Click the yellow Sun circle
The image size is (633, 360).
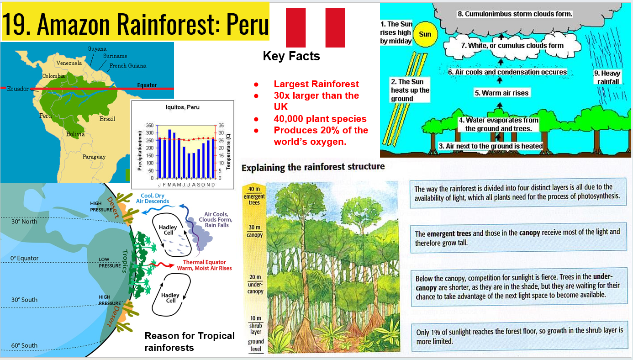pos(425,34)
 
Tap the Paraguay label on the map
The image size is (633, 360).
pos(94,157)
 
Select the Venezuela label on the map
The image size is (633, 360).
pos(69,63)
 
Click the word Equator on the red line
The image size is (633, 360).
pos(147,85)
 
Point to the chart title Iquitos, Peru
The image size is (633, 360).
pos(183,107)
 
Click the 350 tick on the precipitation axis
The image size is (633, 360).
pos(150,125)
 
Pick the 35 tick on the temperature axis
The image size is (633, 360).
pos(221,125)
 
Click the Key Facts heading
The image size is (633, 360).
pos(291,56)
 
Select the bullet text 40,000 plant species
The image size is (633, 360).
pos(320,119)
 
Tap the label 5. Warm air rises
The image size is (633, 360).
pos(501,93)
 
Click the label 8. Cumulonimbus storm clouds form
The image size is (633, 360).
pos(515,14)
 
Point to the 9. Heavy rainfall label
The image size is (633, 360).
pos(607,77)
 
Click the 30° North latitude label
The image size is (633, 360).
pos(24,222)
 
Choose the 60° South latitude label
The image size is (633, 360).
pos(24,345)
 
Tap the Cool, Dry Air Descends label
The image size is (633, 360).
pos(153,198)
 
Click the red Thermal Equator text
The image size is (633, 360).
pos(204,262)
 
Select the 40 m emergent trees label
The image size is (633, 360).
pos(254,196)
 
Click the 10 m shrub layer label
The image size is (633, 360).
pos(256,325)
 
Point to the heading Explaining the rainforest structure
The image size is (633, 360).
pos(313,167)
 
